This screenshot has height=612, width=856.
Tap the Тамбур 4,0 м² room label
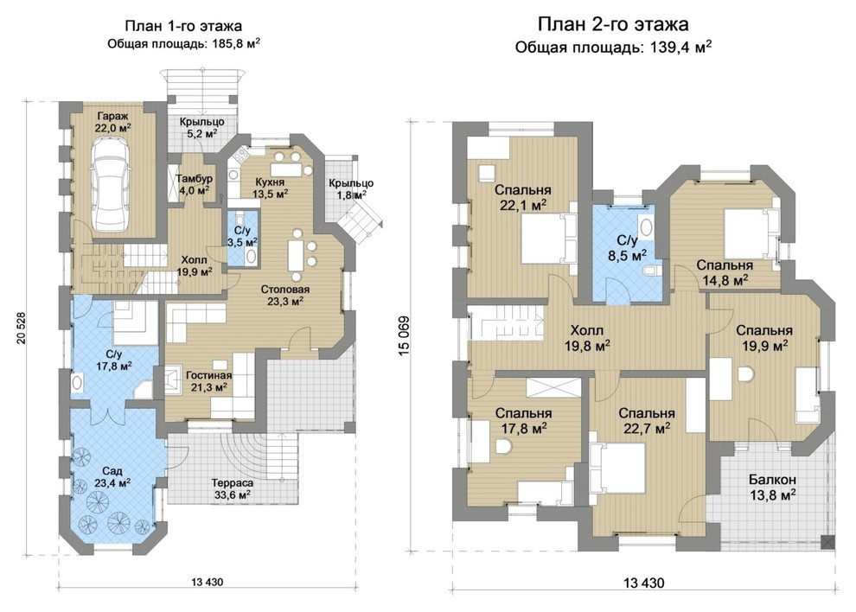coord(194,184)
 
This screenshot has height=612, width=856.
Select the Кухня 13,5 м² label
coord(271,188)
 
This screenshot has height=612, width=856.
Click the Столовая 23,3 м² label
coord(284,295)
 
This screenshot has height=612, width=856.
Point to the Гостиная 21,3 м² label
coord(208,381)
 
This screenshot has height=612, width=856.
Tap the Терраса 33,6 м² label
coord(232,488)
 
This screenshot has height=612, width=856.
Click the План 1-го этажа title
coord(183,26)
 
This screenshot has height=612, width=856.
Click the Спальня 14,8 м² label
coord(725,272)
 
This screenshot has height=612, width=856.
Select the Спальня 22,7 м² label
coord(647,421)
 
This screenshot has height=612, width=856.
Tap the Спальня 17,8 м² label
coord(523,421)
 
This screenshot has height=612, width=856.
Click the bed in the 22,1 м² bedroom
coord(549,239)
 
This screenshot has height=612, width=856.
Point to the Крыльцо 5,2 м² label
coord(202,127)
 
